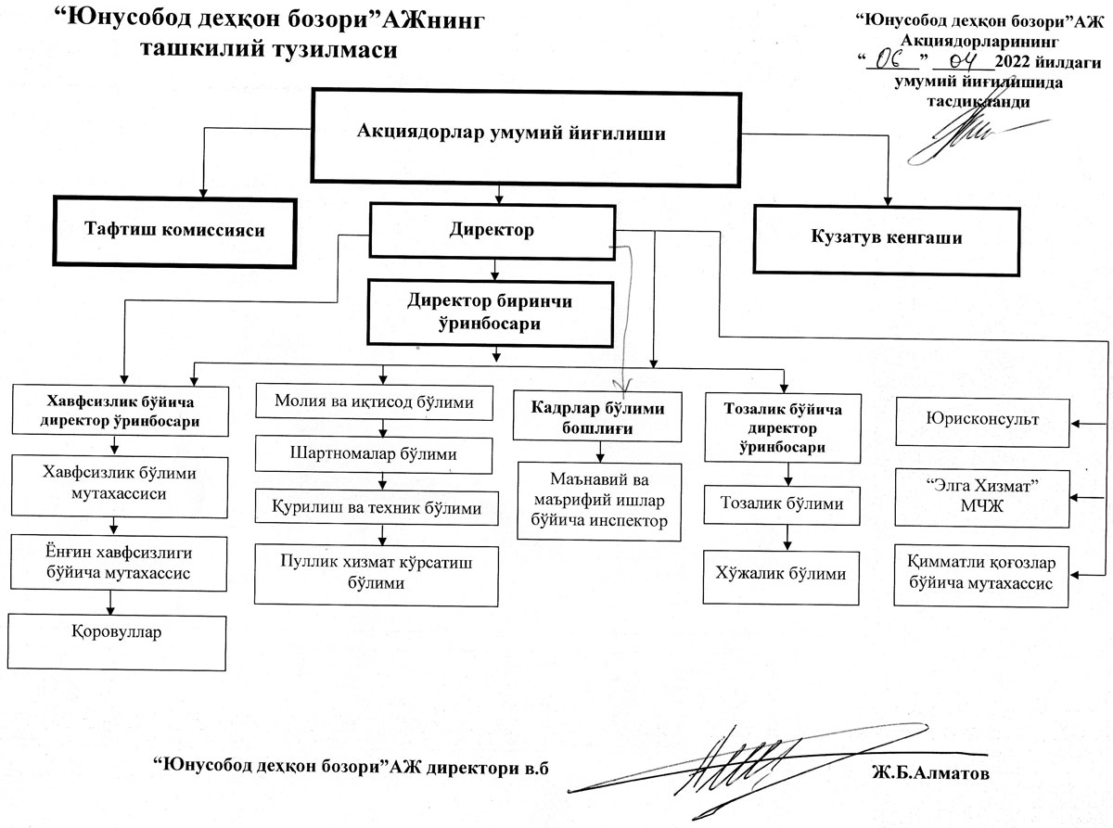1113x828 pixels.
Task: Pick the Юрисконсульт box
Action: click(981, 419)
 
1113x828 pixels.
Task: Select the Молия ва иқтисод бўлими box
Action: click(375, 402)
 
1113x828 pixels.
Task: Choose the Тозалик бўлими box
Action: click(788, 504)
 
